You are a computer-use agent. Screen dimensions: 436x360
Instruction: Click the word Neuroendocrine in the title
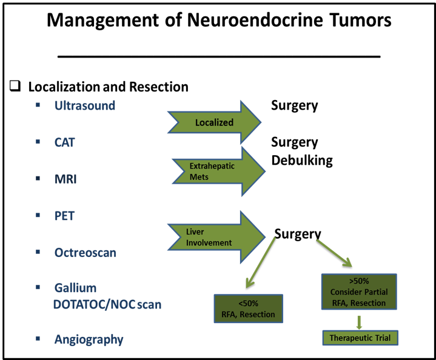(x=255, y=20)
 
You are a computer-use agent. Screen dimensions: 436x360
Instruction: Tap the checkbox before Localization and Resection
(x=15, y=86)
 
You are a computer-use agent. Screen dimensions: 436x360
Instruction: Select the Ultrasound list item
(x=85, y=105)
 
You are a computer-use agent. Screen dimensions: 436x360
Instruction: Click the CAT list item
(x=64, y=142)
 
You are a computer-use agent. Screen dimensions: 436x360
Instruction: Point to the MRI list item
(x=65, y=179)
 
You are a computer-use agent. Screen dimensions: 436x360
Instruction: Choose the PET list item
(x=64, y=216)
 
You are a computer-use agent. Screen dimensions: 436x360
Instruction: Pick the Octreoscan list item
(x=86, y=253)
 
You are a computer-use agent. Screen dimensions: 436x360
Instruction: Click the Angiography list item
(x=89, y=340)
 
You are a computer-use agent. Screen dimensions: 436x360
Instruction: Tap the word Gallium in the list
(x=75, y=288)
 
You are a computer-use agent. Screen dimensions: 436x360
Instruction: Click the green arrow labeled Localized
(x=214, y=122)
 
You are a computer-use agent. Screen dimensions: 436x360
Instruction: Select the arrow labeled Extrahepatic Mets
(x=218, y=172)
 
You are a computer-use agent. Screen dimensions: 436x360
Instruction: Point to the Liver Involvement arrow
(x=216, y=237)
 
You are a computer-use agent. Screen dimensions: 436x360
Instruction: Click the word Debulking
(x=302, y=161)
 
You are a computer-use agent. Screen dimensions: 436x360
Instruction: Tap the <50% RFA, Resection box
(x=248, y=308)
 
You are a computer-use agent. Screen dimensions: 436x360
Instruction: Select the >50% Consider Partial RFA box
(x=359, y=292)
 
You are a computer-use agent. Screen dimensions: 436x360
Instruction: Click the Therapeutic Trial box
(x=360, y=338)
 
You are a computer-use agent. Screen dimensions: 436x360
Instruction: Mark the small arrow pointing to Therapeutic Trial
(x=359, y=322)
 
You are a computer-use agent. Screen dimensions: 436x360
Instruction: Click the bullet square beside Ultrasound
(x=38, y=105)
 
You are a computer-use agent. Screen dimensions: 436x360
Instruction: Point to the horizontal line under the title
(x=219, y=56)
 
